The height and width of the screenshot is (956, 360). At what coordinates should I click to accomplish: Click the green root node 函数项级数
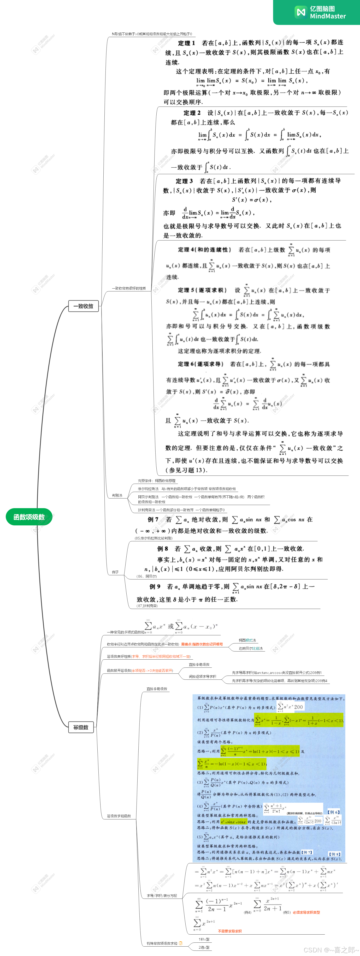pos(29,517)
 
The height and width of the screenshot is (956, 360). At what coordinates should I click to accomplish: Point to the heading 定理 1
pos(186,43)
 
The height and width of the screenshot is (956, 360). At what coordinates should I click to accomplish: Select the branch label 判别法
pos(117,495)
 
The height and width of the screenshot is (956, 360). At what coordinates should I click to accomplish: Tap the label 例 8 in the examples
pos(163,549)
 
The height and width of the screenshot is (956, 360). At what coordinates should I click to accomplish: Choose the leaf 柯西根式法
pos(247,640)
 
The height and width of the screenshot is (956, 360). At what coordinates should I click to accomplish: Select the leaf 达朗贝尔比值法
pos(251,648)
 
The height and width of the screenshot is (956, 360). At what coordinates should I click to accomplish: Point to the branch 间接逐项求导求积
pos(202,677)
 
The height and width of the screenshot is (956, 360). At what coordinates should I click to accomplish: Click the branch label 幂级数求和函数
pos(119,816)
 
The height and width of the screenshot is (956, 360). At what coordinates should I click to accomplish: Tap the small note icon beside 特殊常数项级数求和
pos(181,943)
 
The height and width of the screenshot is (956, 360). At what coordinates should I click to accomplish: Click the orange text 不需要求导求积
pos(230,931)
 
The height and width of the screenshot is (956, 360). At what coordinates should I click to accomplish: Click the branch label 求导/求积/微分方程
pos(162,896)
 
